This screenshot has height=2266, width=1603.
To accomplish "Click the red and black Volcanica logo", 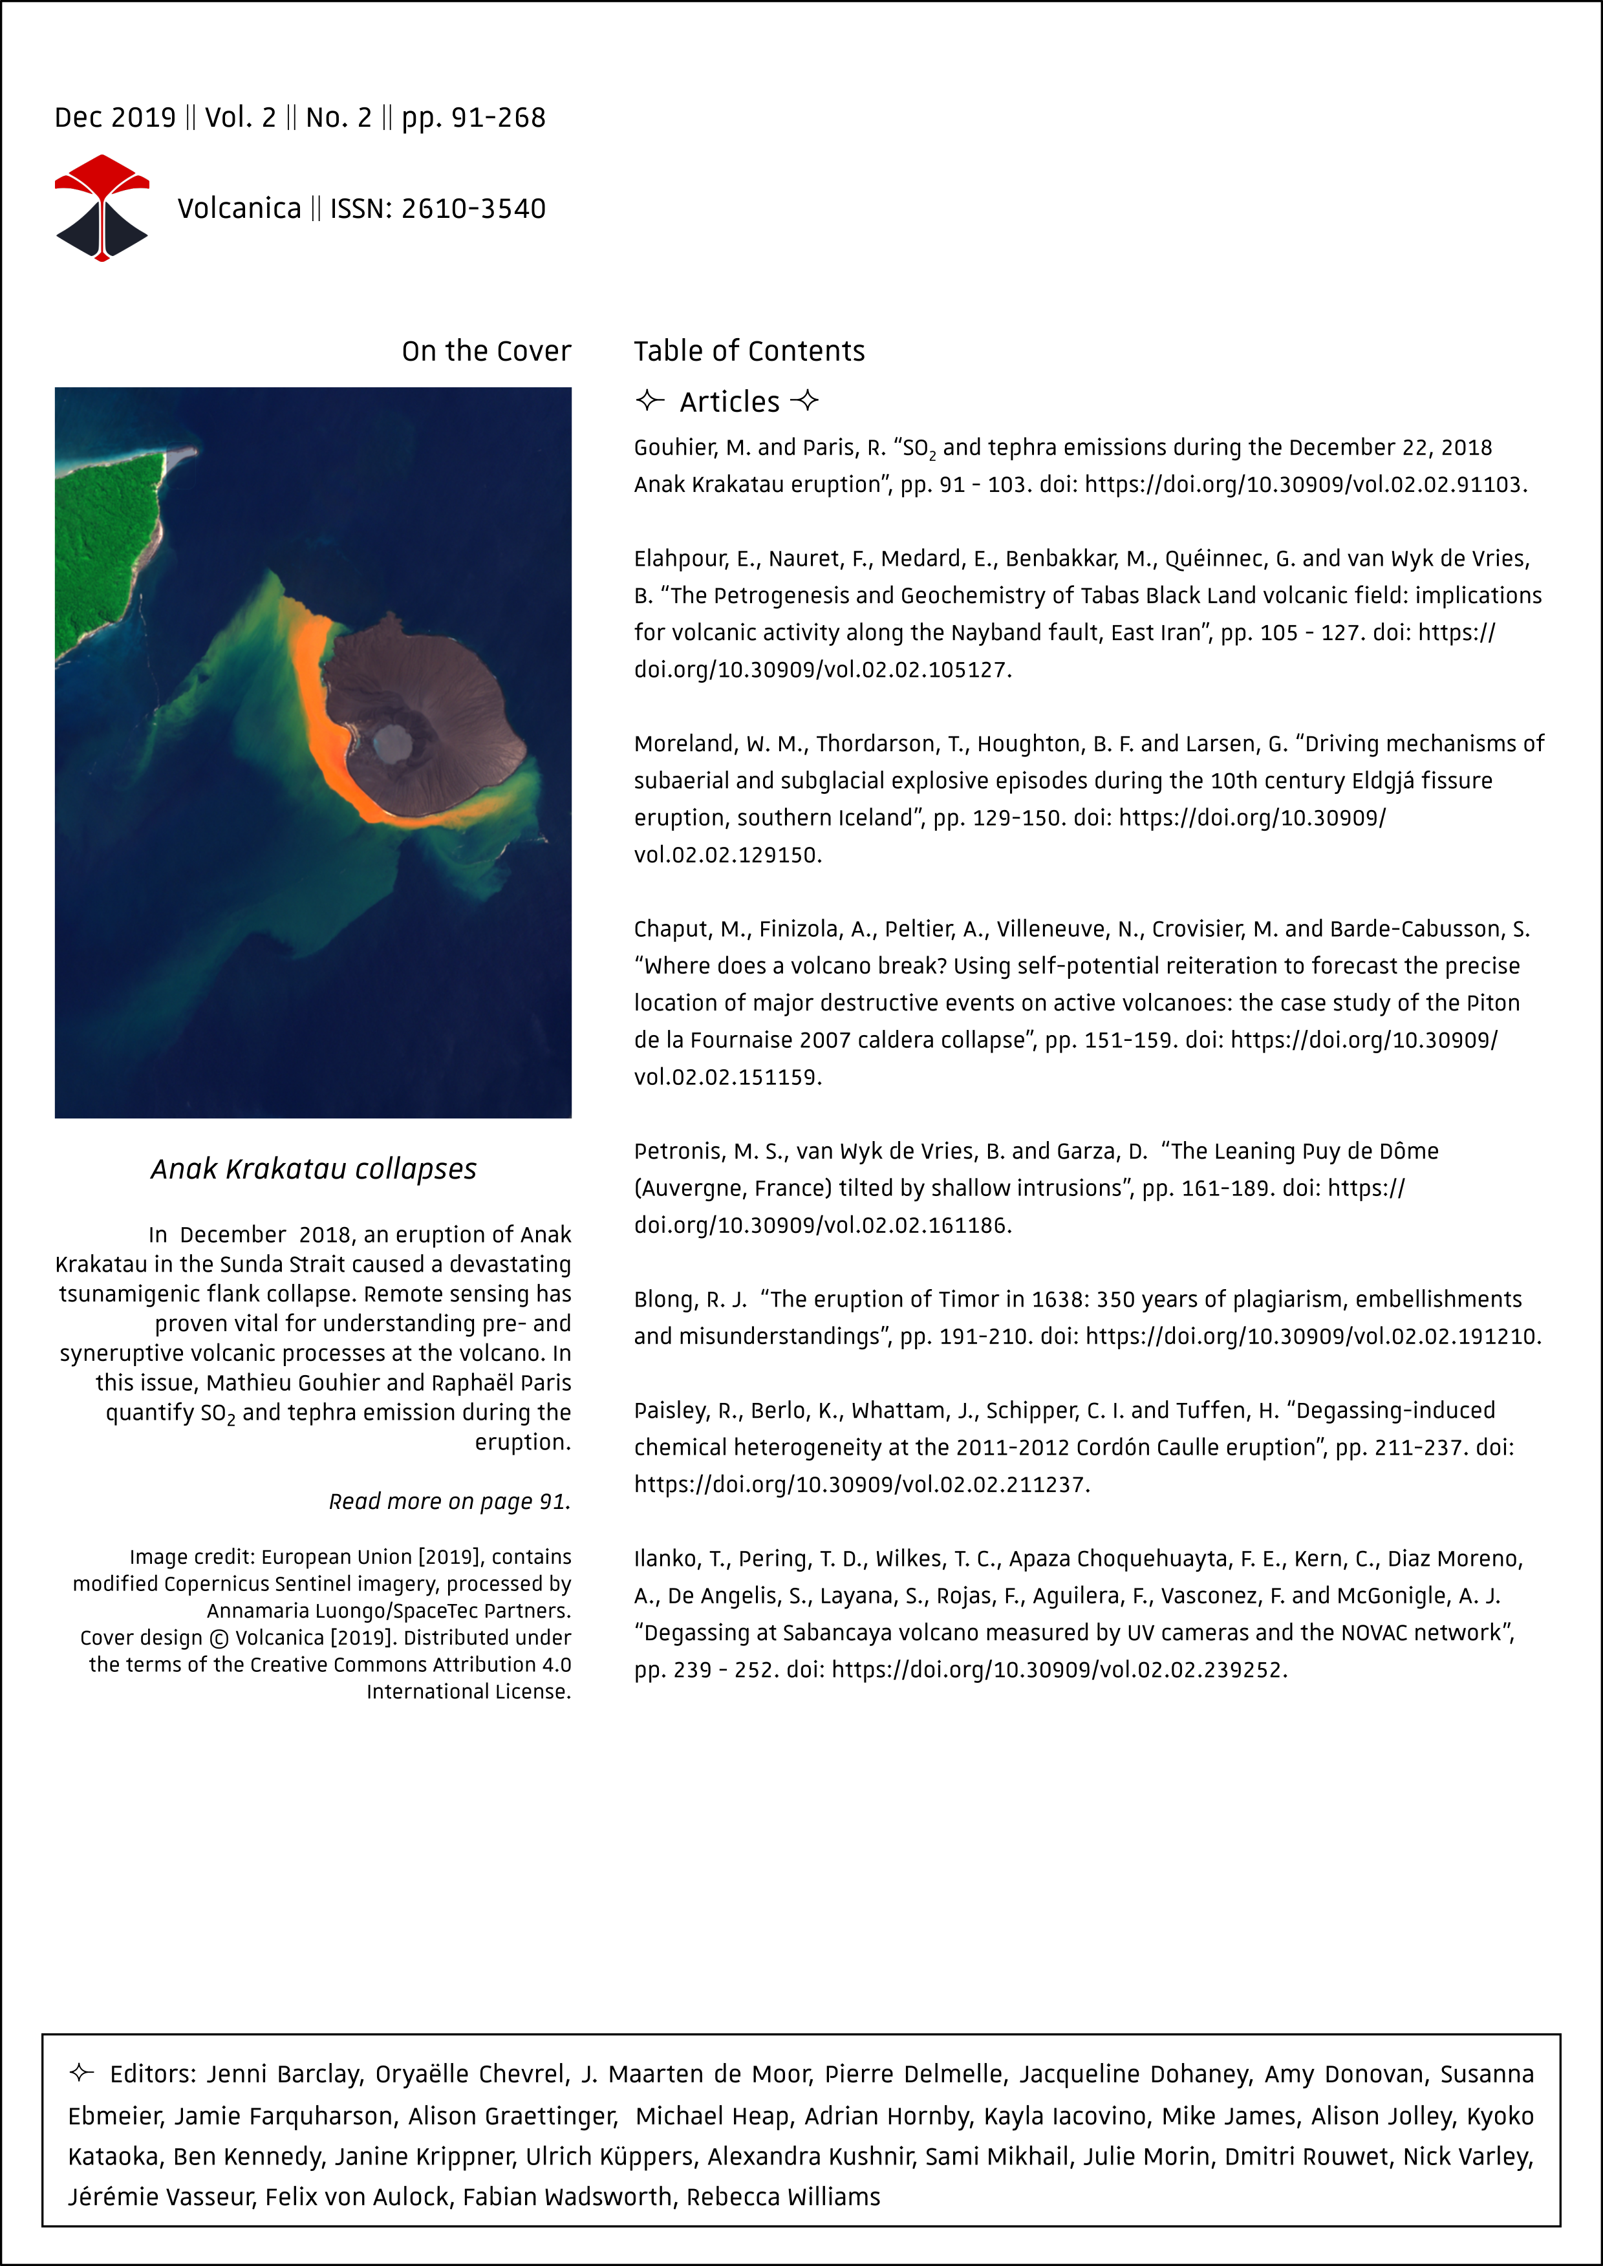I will click(x=102, y=208).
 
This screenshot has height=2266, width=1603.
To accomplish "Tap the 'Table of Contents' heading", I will click(x=749, y=351).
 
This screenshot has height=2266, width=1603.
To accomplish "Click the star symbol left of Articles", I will click(x=649, y=401).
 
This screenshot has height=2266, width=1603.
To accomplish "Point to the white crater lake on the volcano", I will click(x=393, y=742).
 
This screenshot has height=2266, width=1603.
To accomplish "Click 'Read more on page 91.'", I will click(x=449, y=1501).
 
